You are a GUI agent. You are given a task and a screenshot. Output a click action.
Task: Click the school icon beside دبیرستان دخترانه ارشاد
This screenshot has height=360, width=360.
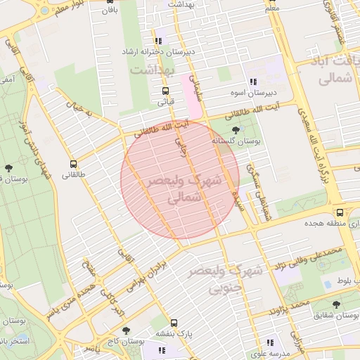(159, 41)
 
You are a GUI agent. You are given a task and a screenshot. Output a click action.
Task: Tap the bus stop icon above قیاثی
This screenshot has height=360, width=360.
(165, 91)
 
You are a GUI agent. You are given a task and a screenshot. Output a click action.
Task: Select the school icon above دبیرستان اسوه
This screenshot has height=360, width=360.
(254, 82)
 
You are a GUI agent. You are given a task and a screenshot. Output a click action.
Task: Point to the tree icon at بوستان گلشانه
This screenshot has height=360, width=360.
(235, 130)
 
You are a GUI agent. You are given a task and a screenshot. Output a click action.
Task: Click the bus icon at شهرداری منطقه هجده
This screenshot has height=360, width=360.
(340, 212)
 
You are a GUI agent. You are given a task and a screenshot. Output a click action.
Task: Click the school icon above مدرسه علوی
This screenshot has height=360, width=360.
(270, 344)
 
